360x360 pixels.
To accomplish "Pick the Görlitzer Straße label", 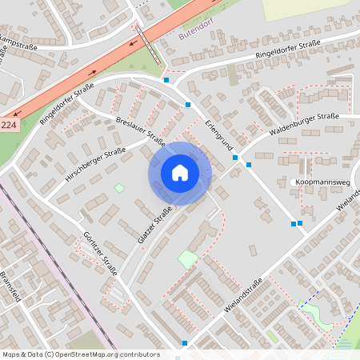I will coord(100,254).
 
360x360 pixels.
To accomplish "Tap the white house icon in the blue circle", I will coord(179,173).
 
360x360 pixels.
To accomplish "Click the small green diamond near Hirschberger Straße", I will coord(119,188).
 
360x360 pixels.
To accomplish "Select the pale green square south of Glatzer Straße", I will coord(188,259).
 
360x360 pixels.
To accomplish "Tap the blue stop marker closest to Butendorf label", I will coord(166,80).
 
